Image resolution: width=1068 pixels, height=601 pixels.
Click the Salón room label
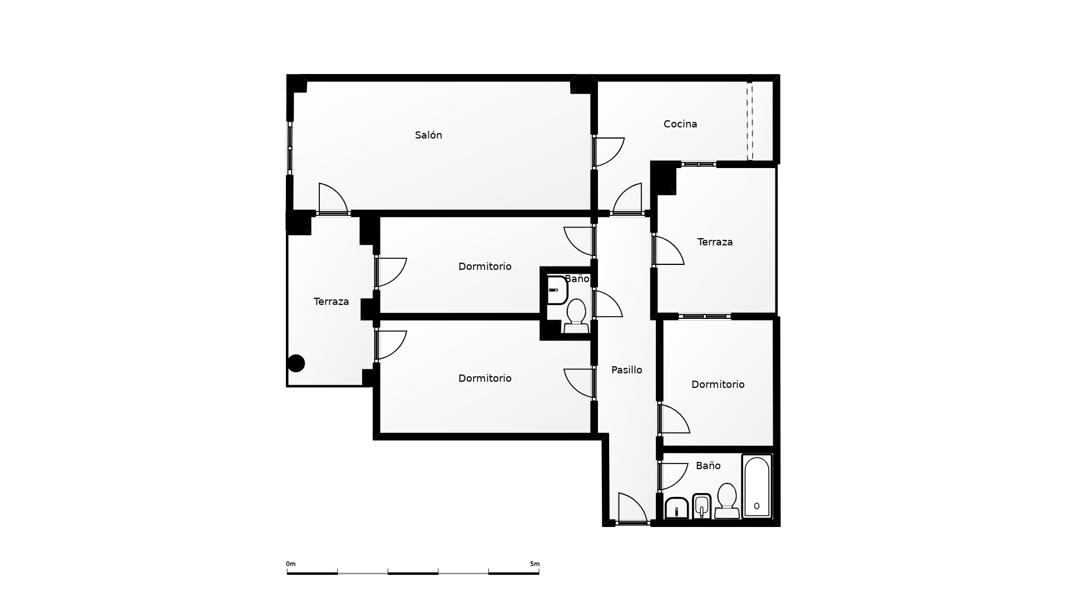428,135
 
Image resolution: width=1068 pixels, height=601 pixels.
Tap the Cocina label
680,124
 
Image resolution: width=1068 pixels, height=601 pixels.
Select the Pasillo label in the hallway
627,370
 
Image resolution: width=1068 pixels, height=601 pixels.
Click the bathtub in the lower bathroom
757,486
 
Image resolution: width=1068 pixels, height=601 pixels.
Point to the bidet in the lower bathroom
702,506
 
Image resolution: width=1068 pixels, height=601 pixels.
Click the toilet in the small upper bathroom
576,316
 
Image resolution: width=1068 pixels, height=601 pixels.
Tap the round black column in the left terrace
296,363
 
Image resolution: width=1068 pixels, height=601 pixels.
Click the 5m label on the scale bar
535,564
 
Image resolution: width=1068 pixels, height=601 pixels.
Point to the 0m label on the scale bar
291,564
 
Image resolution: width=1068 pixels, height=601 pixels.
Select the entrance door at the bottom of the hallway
632,509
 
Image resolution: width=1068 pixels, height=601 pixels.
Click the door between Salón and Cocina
608,152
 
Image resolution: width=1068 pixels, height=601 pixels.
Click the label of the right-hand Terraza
715,242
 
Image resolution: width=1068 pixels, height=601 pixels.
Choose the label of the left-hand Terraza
331,302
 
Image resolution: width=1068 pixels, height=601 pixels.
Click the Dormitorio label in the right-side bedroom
718,385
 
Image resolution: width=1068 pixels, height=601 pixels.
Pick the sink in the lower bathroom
677,507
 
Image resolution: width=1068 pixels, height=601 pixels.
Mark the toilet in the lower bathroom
727,501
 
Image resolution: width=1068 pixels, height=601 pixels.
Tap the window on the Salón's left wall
290,148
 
